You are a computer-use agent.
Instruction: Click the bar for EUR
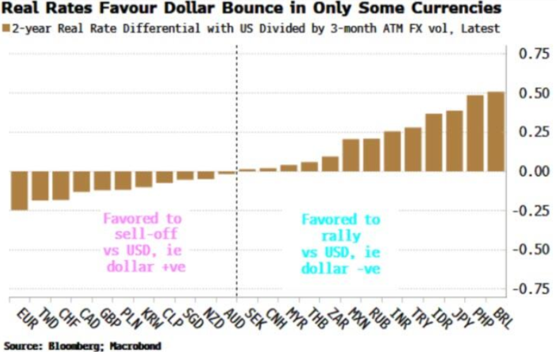[x=20, y=190]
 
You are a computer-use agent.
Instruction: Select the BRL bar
[x=496, y=131]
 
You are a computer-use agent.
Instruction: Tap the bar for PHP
[x=476, y=133]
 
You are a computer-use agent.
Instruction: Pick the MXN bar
[x=350, y=155]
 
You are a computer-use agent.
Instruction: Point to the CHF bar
[x=61, y=185]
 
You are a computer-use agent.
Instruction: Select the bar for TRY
[x=413, y=149]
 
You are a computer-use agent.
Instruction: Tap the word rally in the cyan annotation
[x=340, y=236]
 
